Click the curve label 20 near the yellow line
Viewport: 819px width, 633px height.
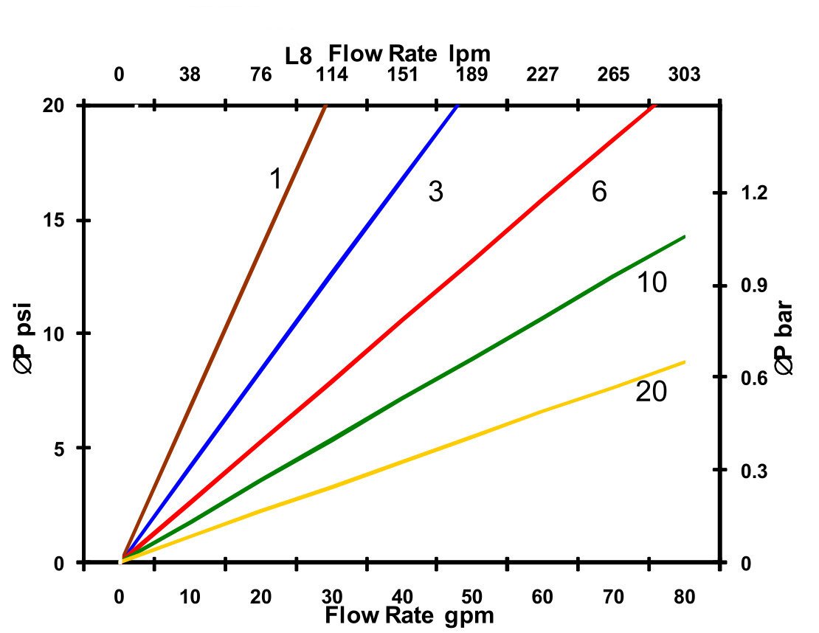tap(651, 392)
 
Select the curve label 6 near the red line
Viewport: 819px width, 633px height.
tap(598, 193)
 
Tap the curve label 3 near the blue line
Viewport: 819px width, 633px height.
tap(435, 193)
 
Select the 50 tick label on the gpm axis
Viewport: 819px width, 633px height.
tap(472, 597)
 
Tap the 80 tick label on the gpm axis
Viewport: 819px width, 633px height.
tap(684, 597)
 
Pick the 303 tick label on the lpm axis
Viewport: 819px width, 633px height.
tap(684, 75)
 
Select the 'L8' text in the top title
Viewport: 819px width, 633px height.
tap(299, 56)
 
